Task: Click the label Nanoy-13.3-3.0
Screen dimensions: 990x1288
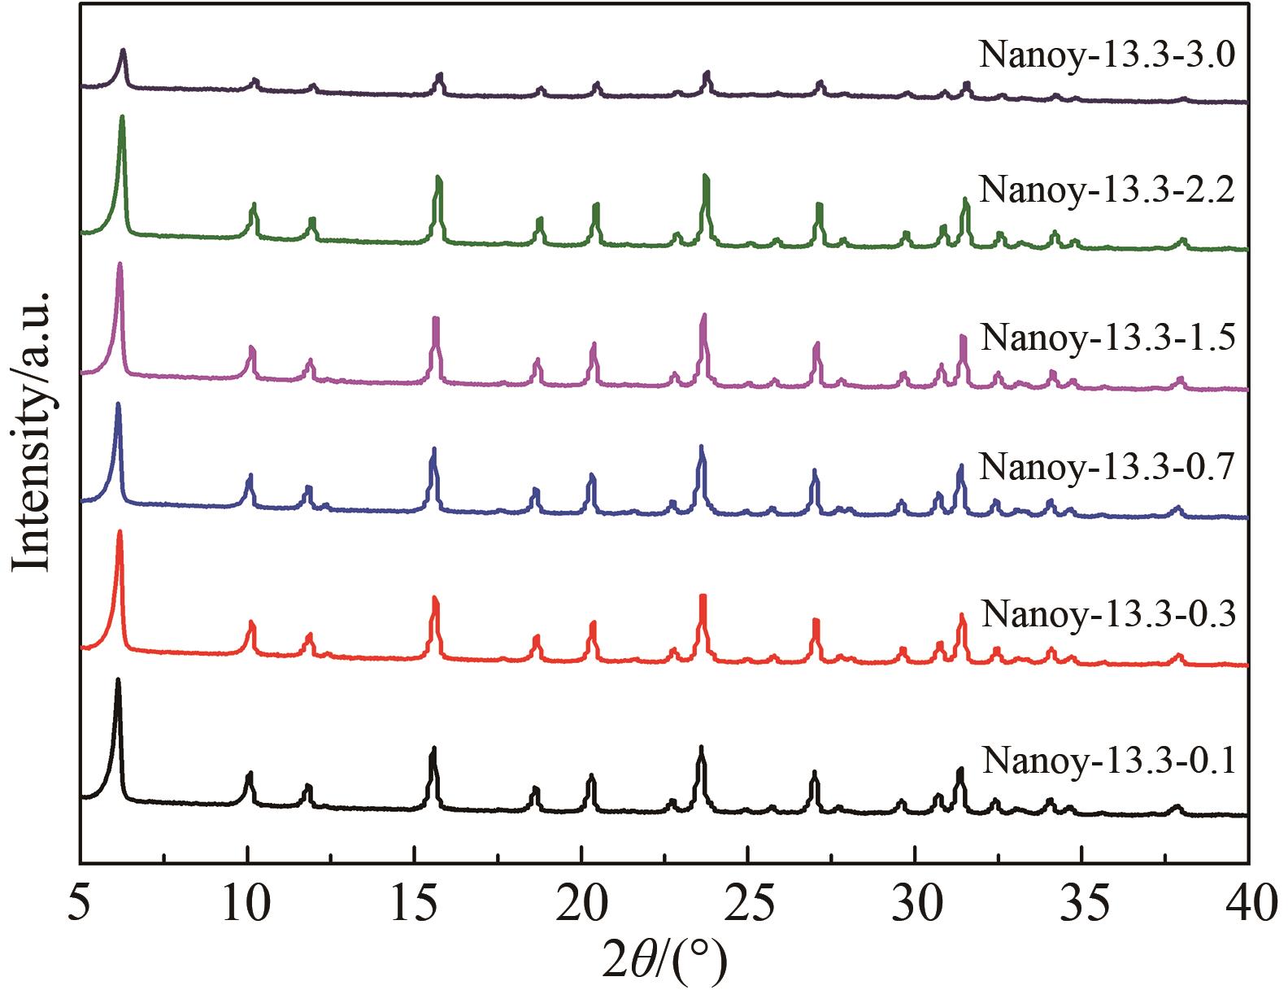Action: pos(1107,55)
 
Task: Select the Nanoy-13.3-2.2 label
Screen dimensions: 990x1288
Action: pos(1107,190)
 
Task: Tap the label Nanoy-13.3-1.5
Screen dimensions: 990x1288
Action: pos(1108,336)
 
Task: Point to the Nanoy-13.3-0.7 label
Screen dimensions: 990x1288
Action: pos(1107,467)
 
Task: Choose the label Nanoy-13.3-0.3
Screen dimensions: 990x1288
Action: pos(1108,613)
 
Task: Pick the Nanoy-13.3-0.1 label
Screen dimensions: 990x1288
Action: pos(1108,761)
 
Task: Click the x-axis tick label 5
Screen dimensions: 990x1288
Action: pos(80,904)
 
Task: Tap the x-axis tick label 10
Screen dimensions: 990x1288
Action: pos(246,904)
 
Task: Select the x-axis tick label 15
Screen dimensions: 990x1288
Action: pos(414,904)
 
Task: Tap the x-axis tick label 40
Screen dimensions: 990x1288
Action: pos(1248,904)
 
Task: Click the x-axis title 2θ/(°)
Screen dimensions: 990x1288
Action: pos(664,961)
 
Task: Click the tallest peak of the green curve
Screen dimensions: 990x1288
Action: pos(122,117)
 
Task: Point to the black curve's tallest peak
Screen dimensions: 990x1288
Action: pos(118,679)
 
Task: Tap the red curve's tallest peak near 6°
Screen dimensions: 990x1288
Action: pos(120,532)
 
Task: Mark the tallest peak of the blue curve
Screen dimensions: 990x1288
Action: pos(118,404)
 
